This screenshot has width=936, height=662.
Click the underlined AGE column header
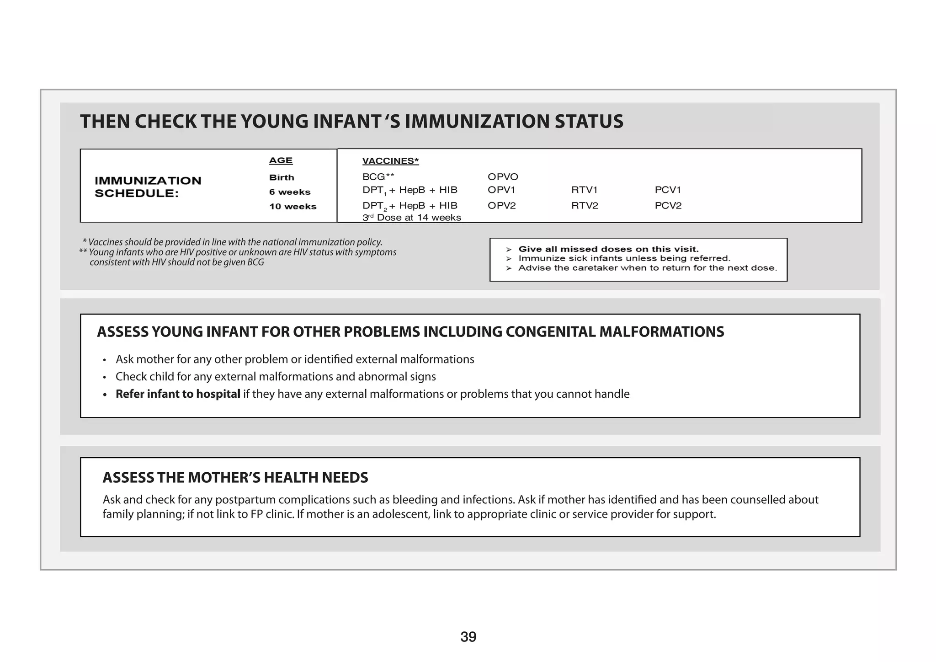click(x=281, y=160)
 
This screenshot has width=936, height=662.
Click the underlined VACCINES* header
click(x=390, y=161)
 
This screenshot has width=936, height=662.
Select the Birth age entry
click(x=282, y=177)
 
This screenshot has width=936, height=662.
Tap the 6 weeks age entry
click(x=290, y=192)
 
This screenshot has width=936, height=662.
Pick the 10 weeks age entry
click(x=292, y=206)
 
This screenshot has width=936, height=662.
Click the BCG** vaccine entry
click(x=378, y=177)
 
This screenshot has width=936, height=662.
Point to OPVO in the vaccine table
click(x=503, y=177)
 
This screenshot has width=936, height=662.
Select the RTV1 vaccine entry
click(x=584, y=190)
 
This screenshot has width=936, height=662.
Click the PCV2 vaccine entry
click(x=668, y=206)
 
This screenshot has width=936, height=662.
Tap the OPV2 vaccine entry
click(x=501, y=206)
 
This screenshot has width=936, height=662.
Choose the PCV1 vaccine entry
click(x=668, y=190)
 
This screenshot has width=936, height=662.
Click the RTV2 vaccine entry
click(x=585, y=206)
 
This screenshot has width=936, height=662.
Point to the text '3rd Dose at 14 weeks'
click(x=411, y=218)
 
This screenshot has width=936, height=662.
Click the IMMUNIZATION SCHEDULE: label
click(x=148, y=187)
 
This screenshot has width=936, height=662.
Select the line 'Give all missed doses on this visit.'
click(x=608, y=249)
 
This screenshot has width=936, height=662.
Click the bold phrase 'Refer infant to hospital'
click(x=178, y=394)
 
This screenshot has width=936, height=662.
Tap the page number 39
click(x=468, y=637)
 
